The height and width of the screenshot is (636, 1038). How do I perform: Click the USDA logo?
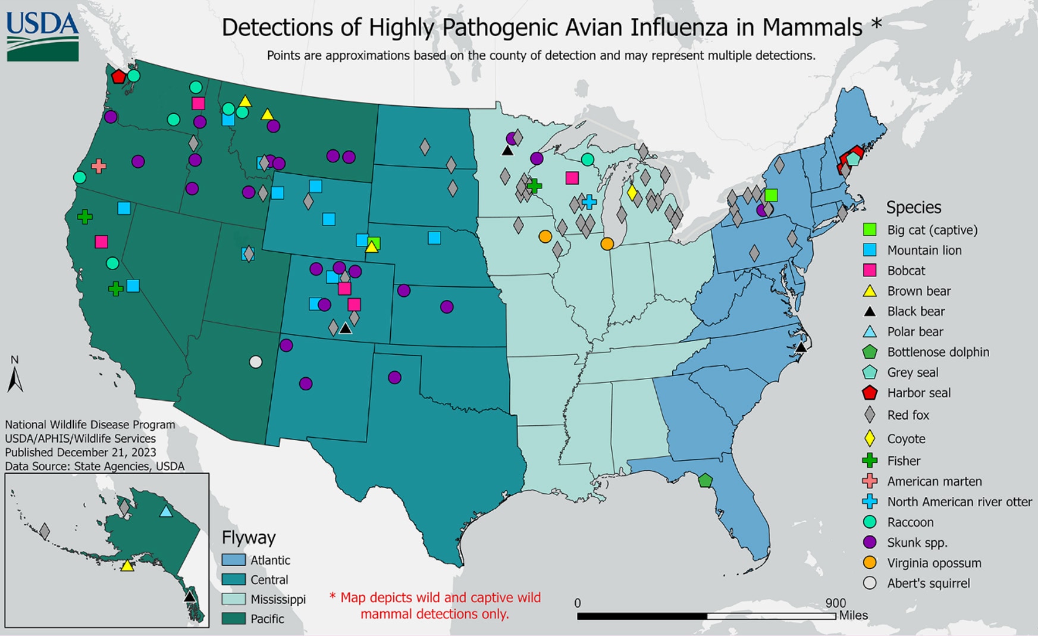tap(42, 36)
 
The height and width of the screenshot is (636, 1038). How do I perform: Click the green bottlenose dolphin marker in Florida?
tap(705, 480)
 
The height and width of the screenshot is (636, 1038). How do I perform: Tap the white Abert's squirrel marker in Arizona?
tap(255, 362)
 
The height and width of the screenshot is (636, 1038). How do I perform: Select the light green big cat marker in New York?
tap(771, 195)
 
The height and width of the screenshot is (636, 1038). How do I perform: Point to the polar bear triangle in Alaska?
tap(166, 511)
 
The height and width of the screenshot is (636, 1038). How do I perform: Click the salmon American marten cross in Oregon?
tap(99, 166)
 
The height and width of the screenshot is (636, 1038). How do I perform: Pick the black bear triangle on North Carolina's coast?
tap(801, 347)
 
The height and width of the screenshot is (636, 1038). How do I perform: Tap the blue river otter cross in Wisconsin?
tap(589, 202)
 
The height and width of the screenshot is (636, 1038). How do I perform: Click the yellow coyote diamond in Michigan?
tap(632, 192)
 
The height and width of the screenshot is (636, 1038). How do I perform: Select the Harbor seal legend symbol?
tap(870, 393)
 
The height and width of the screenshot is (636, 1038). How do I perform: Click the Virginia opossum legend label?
tap(934, 563)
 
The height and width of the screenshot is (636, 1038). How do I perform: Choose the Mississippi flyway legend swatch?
tap(233, 599)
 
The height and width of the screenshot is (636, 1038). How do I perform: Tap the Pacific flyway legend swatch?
tap(233, 619)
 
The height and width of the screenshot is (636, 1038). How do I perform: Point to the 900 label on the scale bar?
tap(835, 603)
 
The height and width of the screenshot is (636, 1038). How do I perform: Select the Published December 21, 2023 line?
tap(80, 452)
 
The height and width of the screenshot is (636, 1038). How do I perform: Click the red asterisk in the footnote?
tap(333, 597)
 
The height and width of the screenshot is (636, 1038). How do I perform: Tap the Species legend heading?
tap(914, 207)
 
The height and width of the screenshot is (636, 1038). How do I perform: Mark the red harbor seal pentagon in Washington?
tap(118, 76)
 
